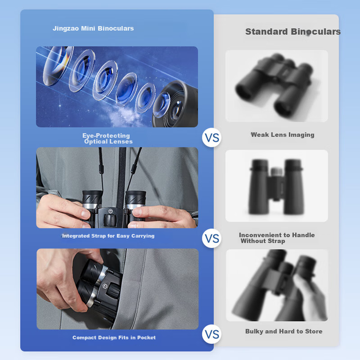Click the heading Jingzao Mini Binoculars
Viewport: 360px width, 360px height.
(93, 29)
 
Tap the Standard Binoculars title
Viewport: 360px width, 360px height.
(293, 31)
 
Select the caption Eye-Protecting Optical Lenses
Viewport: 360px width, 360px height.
(107, 138)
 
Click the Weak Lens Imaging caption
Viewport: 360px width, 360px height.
(283, 135)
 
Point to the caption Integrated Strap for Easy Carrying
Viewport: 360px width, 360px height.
(109, 236)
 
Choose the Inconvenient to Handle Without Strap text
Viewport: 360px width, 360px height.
(277, 238)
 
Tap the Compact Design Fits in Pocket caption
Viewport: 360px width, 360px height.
(114, 338)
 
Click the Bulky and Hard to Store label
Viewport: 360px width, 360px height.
(284, 331)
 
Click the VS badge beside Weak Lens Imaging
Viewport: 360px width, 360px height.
(211, 138)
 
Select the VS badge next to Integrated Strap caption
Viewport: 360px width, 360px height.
(211, 238)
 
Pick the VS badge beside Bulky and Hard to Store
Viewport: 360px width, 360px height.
(211, 334)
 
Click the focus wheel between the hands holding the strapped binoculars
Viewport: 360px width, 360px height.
(110, 220)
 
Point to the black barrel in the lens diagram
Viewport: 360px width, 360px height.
(175, 105)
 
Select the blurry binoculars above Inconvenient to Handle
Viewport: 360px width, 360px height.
(276, 186)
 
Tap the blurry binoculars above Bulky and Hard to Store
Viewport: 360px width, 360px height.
(279, 286)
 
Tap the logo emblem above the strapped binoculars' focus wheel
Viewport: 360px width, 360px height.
(110, 211)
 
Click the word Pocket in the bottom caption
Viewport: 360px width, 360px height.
(146, 338)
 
